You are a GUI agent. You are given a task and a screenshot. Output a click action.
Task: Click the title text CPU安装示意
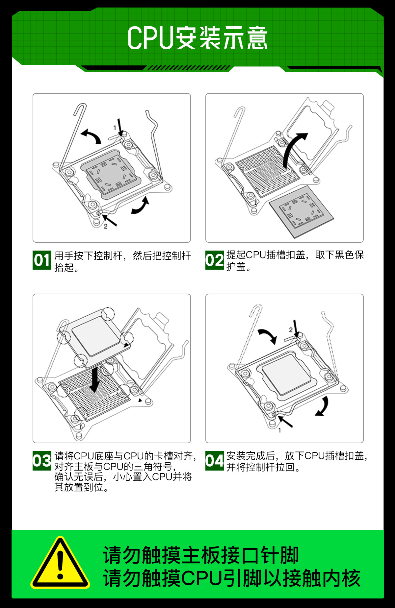coord(197,38)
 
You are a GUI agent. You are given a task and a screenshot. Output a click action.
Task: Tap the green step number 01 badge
coord(42,260)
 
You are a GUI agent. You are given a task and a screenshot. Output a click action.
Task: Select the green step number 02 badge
coord(215,260)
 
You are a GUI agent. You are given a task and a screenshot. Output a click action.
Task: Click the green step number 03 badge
coord(42,461)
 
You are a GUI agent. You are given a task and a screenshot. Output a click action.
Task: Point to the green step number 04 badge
coord(215,461)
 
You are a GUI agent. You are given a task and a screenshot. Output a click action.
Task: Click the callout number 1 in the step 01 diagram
coord(115,128)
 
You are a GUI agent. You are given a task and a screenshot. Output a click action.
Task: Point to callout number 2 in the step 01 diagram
coord(105,227)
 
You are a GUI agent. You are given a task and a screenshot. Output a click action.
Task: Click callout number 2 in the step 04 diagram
coord(291,330)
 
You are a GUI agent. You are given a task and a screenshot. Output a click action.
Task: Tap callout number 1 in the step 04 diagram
coord(279,430)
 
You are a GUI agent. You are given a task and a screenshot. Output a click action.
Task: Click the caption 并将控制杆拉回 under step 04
coord(263,467)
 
